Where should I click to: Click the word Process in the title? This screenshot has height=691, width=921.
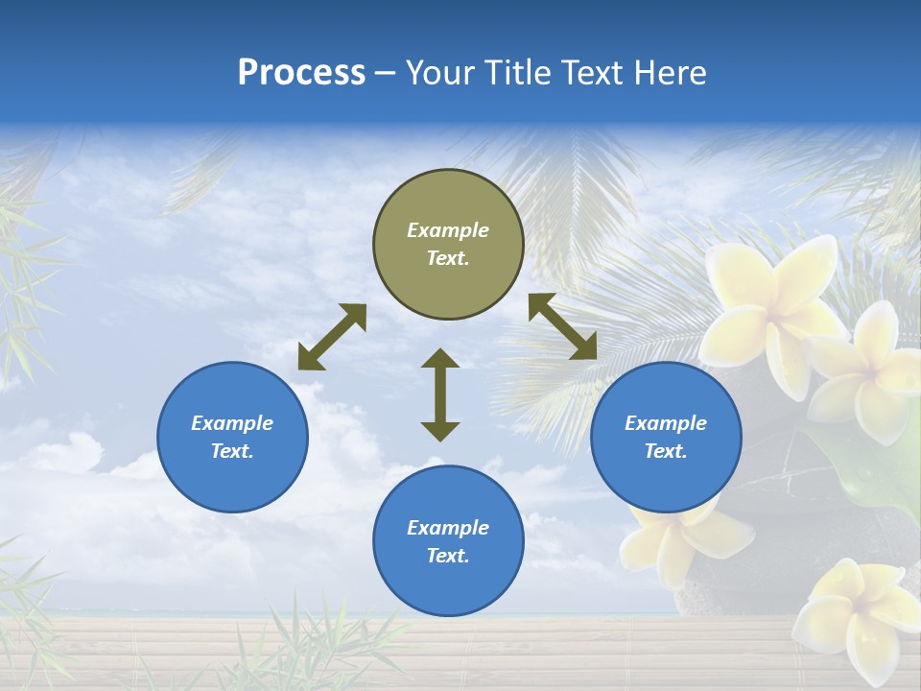point(301,73)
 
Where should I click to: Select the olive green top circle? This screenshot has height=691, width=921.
point(448,245)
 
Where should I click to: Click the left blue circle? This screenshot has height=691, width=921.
point(232,437)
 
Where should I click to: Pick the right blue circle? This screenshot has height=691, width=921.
point(666,437)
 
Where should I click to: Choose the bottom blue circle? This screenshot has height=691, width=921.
point(448,540)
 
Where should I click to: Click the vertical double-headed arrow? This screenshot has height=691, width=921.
point(440,394)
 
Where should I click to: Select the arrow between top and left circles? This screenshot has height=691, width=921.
point(332,337)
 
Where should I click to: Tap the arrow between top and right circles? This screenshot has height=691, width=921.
point(562,326)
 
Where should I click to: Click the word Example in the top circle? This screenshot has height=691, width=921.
point(448,230)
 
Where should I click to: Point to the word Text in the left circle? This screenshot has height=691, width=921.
point(232,451)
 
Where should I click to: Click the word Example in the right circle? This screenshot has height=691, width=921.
point(666,423)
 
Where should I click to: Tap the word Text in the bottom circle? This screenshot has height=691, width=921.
point(448,556)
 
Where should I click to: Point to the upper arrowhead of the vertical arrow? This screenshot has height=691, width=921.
point(440,359)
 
